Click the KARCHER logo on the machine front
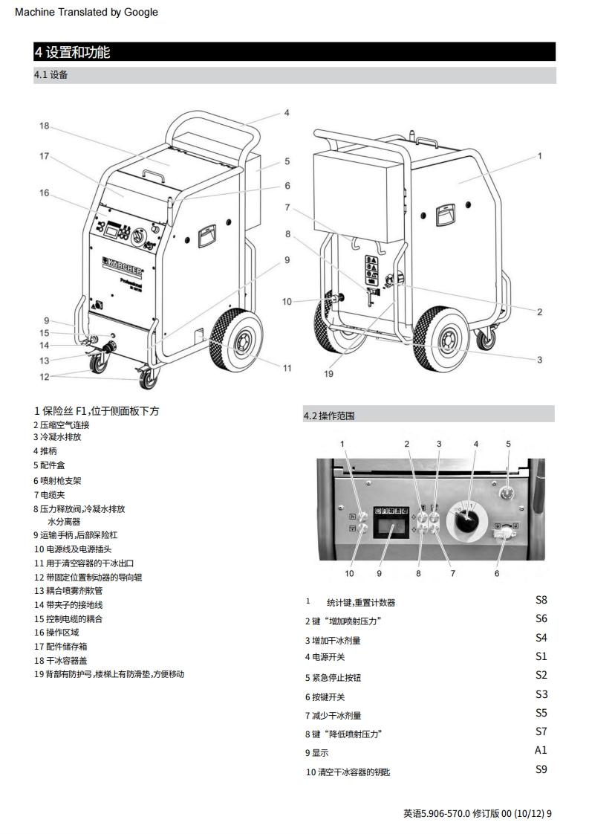click(x=123, y=265)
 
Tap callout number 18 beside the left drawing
click(x=44, y=126)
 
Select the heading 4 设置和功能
click(x=73, y=52)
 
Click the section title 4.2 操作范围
click(x=329, y=416)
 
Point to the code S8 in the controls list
click(x=541, y=600)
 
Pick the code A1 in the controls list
click(x=541, y=750)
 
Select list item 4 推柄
click(x=45, y=451)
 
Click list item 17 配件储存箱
click(x=61, y=646)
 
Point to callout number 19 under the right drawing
click(x=328, y=374)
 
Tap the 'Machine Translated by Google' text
click(x=86, y=12)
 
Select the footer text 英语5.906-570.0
click(x=437, y=813)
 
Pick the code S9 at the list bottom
click(x=541, y=769)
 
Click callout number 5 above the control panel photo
click(x=508, y=444)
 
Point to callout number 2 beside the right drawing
click(x=539, y=311)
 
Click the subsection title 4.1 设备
click(x=51, y=75)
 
